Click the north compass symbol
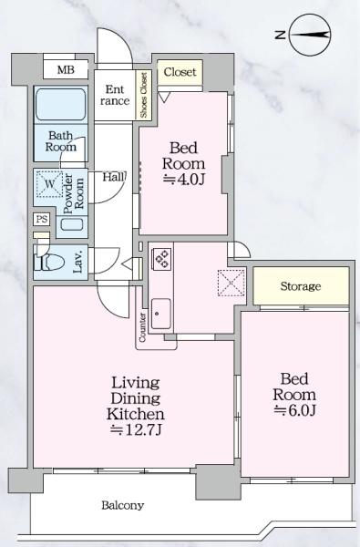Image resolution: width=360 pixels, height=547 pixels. tap(310, 35)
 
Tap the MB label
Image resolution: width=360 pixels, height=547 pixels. tap(66, 70)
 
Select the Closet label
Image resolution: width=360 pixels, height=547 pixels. tap(180, 72)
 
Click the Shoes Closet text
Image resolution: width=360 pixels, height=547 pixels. tap(143, 95)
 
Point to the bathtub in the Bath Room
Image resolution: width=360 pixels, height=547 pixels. tap(61, 104)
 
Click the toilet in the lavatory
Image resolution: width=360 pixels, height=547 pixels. tap(49, 260)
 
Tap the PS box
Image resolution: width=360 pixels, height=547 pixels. tap(42, 220)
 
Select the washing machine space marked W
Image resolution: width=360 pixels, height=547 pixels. tap(49, 183)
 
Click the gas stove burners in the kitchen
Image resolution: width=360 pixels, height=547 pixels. tap(161, 259)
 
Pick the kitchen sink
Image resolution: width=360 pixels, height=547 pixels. tap(161, 314)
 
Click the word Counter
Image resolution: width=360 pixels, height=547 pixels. tap(142, 327)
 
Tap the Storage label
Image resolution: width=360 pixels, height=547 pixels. tap(301, 286)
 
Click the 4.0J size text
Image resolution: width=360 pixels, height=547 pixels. tap(184, 180)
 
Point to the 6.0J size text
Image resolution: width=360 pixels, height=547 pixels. tap(294, 410)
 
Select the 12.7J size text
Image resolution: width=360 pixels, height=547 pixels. tap(136, 429)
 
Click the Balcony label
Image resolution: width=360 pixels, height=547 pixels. tap(122, 505)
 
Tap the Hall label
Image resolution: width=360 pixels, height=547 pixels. tap(114, 177)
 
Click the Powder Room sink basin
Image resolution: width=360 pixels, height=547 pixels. tap(72, 224)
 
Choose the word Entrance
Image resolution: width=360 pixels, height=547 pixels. tap(115, 95)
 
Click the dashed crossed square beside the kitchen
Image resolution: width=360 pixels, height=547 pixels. tap(231, 283)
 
